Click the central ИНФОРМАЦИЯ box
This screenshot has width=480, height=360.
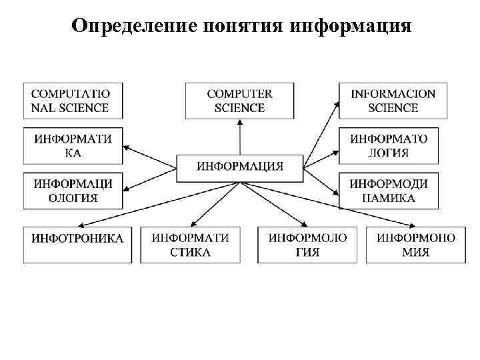pyautogui.click(x=240, y=166)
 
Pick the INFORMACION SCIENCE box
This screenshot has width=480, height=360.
pyautogui.click(x=393, y=101)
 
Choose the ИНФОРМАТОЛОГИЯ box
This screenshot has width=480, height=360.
pyautogui.click(x=389, y=146)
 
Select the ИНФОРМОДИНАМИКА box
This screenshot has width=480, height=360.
pyautogui.click(x=389, y=191)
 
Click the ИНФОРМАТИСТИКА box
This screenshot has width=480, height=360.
pyautogui.click(x=191, y=244)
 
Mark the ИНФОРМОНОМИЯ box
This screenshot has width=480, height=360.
pyautogui.click(x=416, y=244)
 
